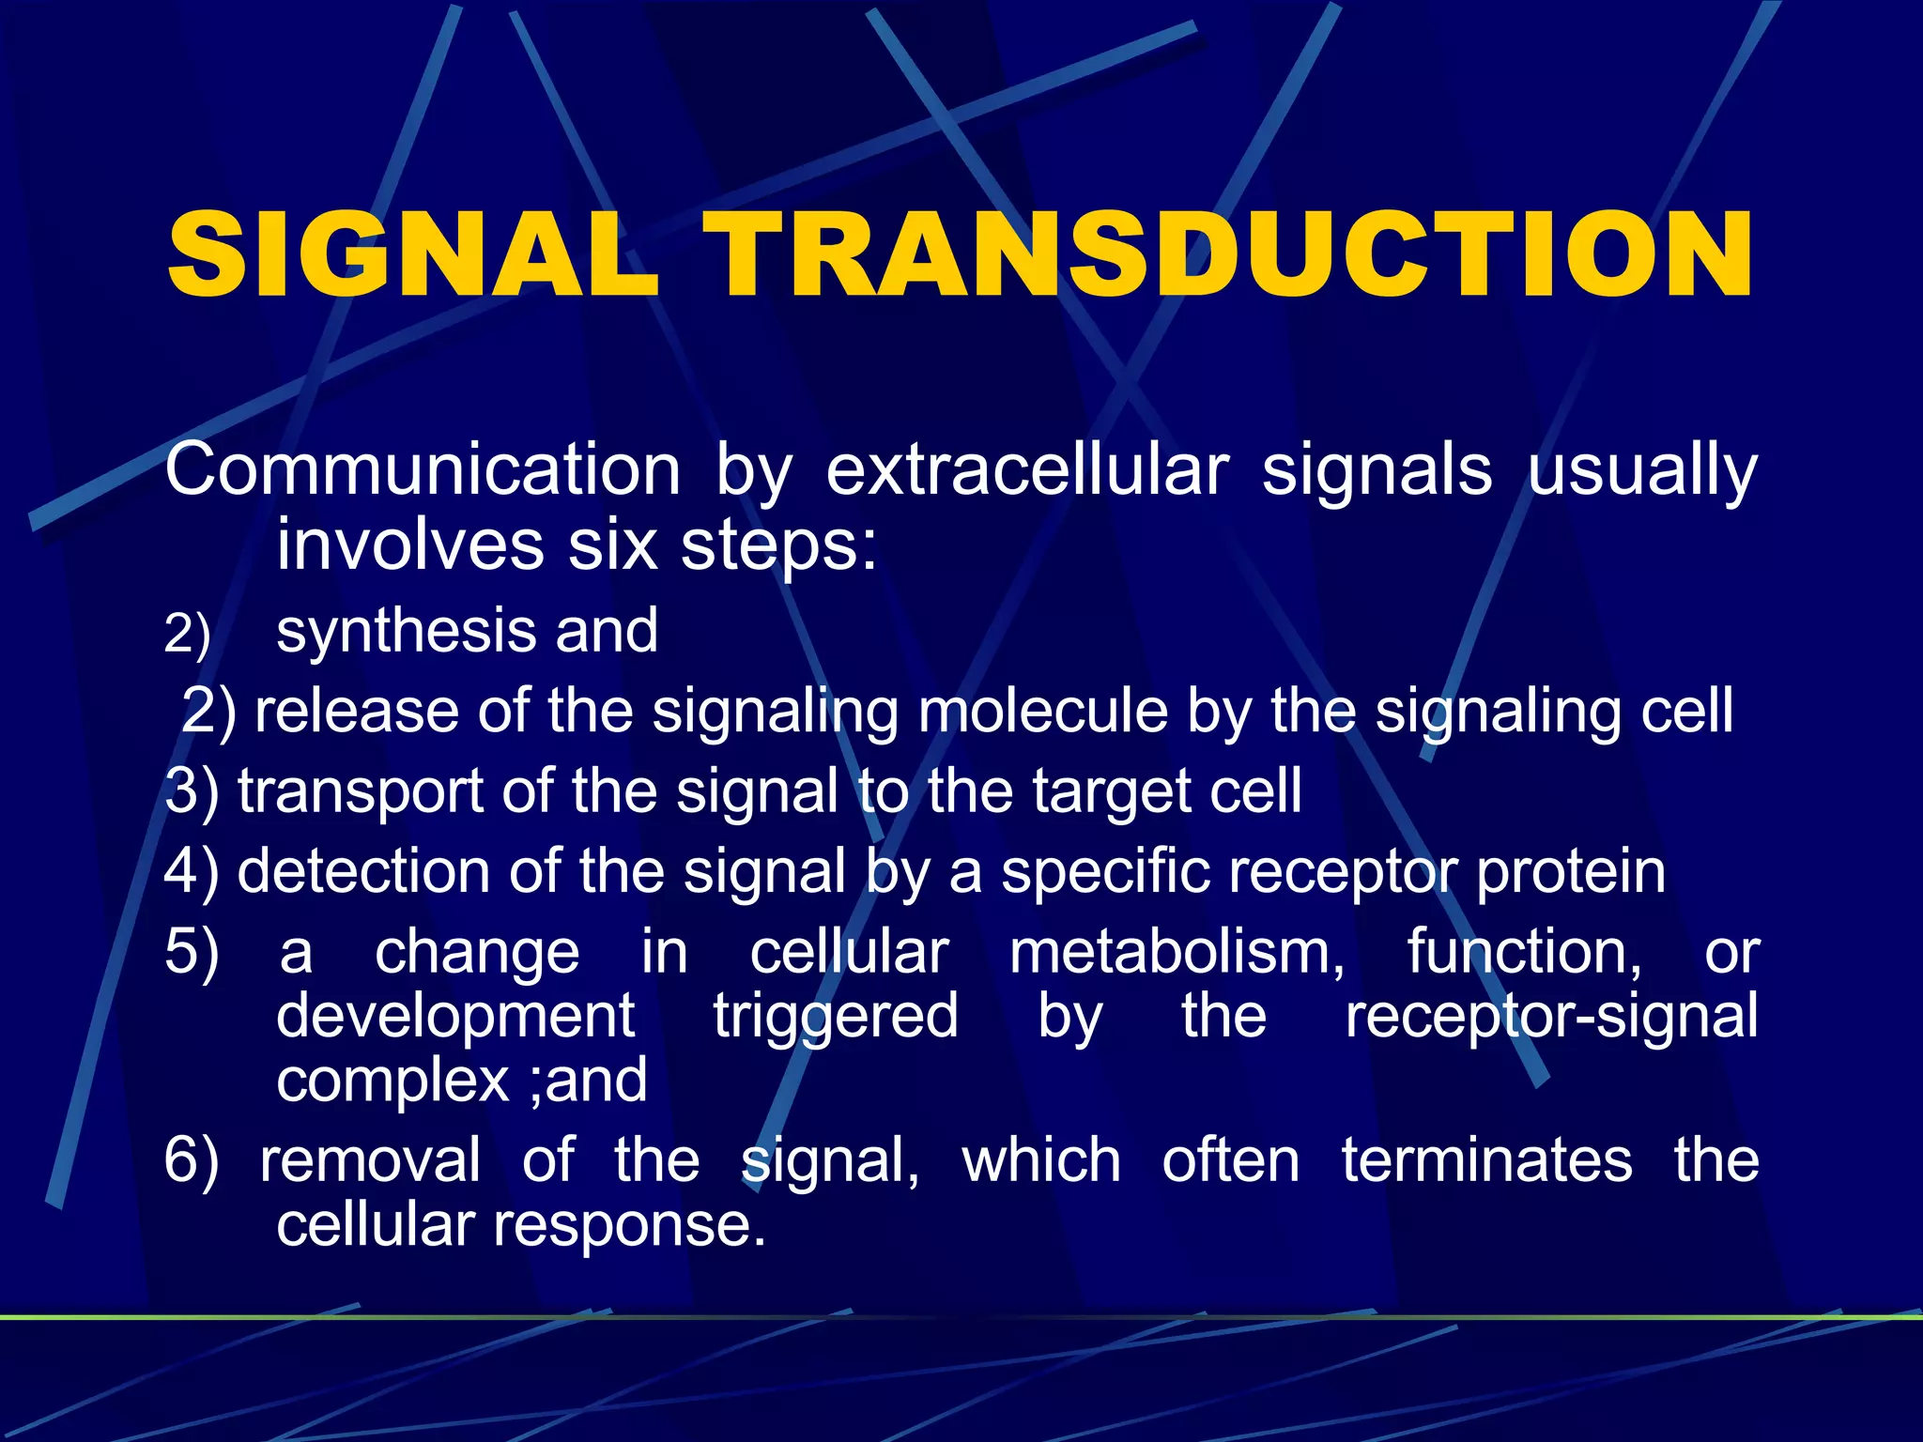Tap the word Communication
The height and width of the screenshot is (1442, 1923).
pyautogui.click(x=423, y=469)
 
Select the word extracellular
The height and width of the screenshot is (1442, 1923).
pyautogui.click(x=1027, y=469)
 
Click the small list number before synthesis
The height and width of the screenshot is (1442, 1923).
pyautogui.click(x=187, y=635)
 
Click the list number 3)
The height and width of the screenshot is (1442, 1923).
pyautogui.click(x=192, y=791)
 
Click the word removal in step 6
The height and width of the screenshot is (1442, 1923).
pyautogui.click(x=370, y=1160)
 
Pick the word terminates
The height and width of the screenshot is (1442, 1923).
pyautogui.click(x=1486, y=1160)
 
